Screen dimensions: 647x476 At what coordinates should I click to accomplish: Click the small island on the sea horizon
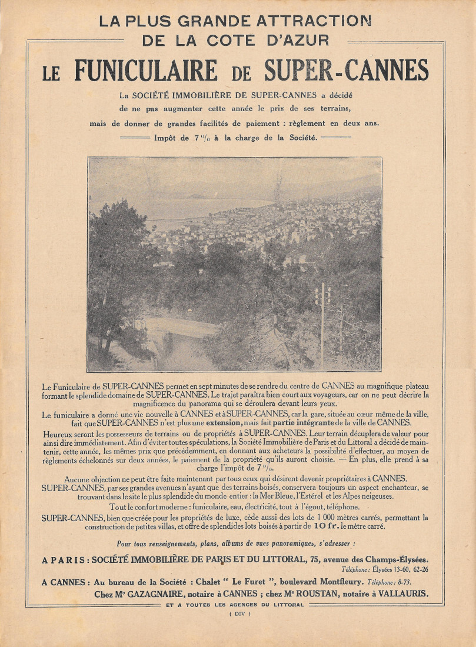pyautogui.click(x=198, y=196)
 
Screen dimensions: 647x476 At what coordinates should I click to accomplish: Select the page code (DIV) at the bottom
pyautogui.click(x=239, y=614)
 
